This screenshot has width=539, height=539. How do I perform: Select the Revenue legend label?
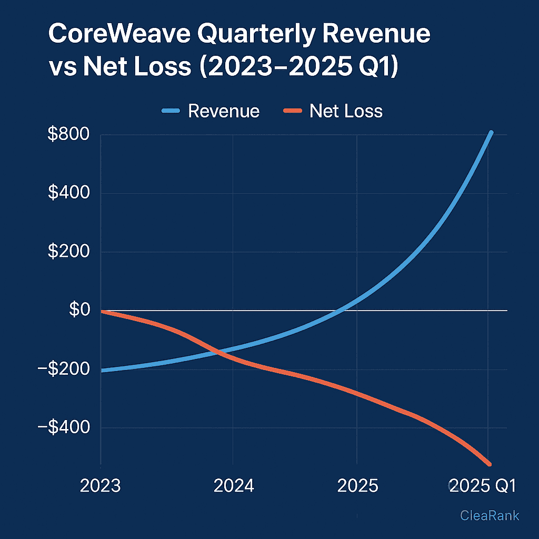click(224, 111)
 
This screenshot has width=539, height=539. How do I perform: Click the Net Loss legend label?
click(346, 111)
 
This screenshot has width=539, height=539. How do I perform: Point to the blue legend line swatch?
click(171, 111)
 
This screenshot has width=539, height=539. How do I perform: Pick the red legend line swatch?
click(292, 111)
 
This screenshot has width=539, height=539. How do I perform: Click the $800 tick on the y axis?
click(68, 134)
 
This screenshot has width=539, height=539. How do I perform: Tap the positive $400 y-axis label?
click(68, 193)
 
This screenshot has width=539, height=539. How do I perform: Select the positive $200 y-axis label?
click(68, 252)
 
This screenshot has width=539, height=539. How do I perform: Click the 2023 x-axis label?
click(100, 485)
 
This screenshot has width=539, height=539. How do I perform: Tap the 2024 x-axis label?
click(234, 485)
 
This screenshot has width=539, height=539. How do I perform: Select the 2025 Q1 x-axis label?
click(481, 485)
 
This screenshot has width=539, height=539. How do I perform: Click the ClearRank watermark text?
click(490, 515)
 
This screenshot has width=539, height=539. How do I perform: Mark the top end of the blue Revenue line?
click(491, 133)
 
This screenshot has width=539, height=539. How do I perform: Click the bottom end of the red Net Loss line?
click(489, 464)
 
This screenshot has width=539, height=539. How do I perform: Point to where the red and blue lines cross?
click(216, 351)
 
